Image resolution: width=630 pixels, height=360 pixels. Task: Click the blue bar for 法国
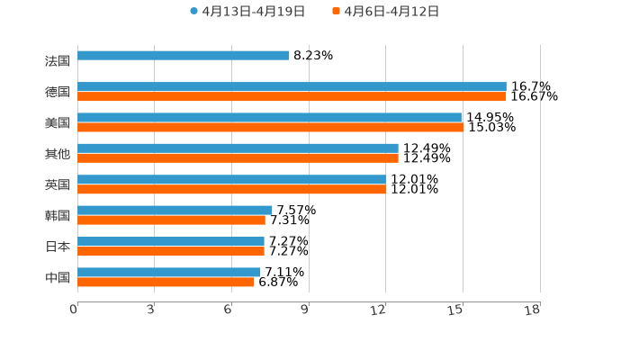pyautogui.click(x=184, y=56)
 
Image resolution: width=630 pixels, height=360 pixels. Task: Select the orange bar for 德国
pyautogui.click(x=292, y=96)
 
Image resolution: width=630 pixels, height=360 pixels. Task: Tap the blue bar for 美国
pyautogui.click(x=269, y=117)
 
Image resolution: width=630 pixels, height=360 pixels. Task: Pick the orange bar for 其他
pyautogui.click(x=238, y=157)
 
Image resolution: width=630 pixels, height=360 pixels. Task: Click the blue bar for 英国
pyautogui.click(x=231, y=179)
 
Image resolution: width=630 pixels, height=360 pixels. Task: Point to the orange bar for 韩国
pyautogui.click(x=171, y=220)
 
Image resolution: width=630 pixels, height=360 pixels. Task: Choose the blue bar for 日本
pyautogui.click(x=171, y=241)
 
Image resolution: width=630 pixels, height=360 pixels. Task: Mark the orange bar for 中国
pyautogui.click(x=166, y=282)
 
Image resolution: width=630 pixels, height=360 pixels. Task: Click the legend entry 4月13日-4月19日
pyautogui.click(x=253, y=12)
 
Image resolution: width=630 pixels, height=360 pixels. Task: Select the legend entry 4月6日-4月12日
pyautogui.click(x=391, y=12)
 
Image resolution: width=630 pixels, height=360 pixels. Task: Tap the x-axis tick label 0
pyautogui.click(x=74, y=310)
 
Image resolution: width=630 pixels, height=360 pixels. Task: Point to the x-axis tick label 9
pyautogui.click(x=305, y=310)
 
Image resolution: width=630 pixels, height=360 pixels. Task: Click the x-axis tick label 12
pyautogui.click(x=379, y=310)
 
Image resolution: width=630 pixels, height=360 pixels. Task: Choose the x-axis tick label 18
pyautogui.click(x=533, y=310)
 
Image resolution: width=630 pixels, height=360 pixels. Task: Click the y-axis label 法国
pyautogui.click(x=58, y=61)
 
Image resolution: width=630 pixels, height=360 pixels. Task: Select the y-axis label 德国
pyautogui.click(x=58, y=92)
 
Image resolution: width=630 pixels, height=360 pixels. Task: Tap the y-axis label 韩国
pyautogui.click(x=58, y=215)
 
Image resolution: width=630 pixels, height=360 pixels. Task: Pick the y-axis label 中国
pyautogui.click(x=58, y=277)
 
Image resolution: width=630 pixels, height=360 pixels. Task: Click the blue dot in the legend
pyautogui.click(x=193, y=12)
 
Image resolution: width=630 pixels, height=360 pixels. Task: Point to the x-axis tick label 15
pyautogui.click(x=456, y=310)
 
